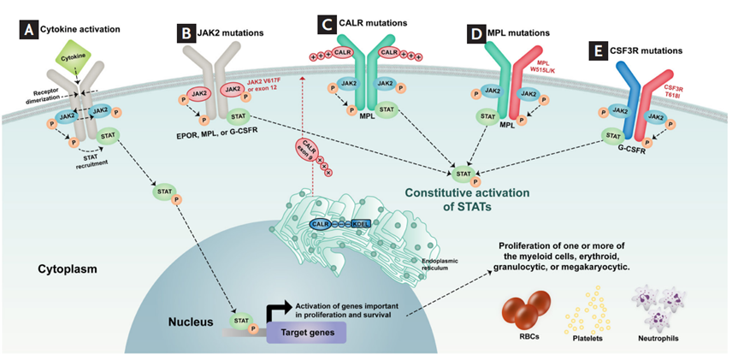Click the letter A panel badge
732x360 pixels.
coord(30,29)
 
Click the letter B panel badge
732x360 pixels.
coord(185,32)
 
